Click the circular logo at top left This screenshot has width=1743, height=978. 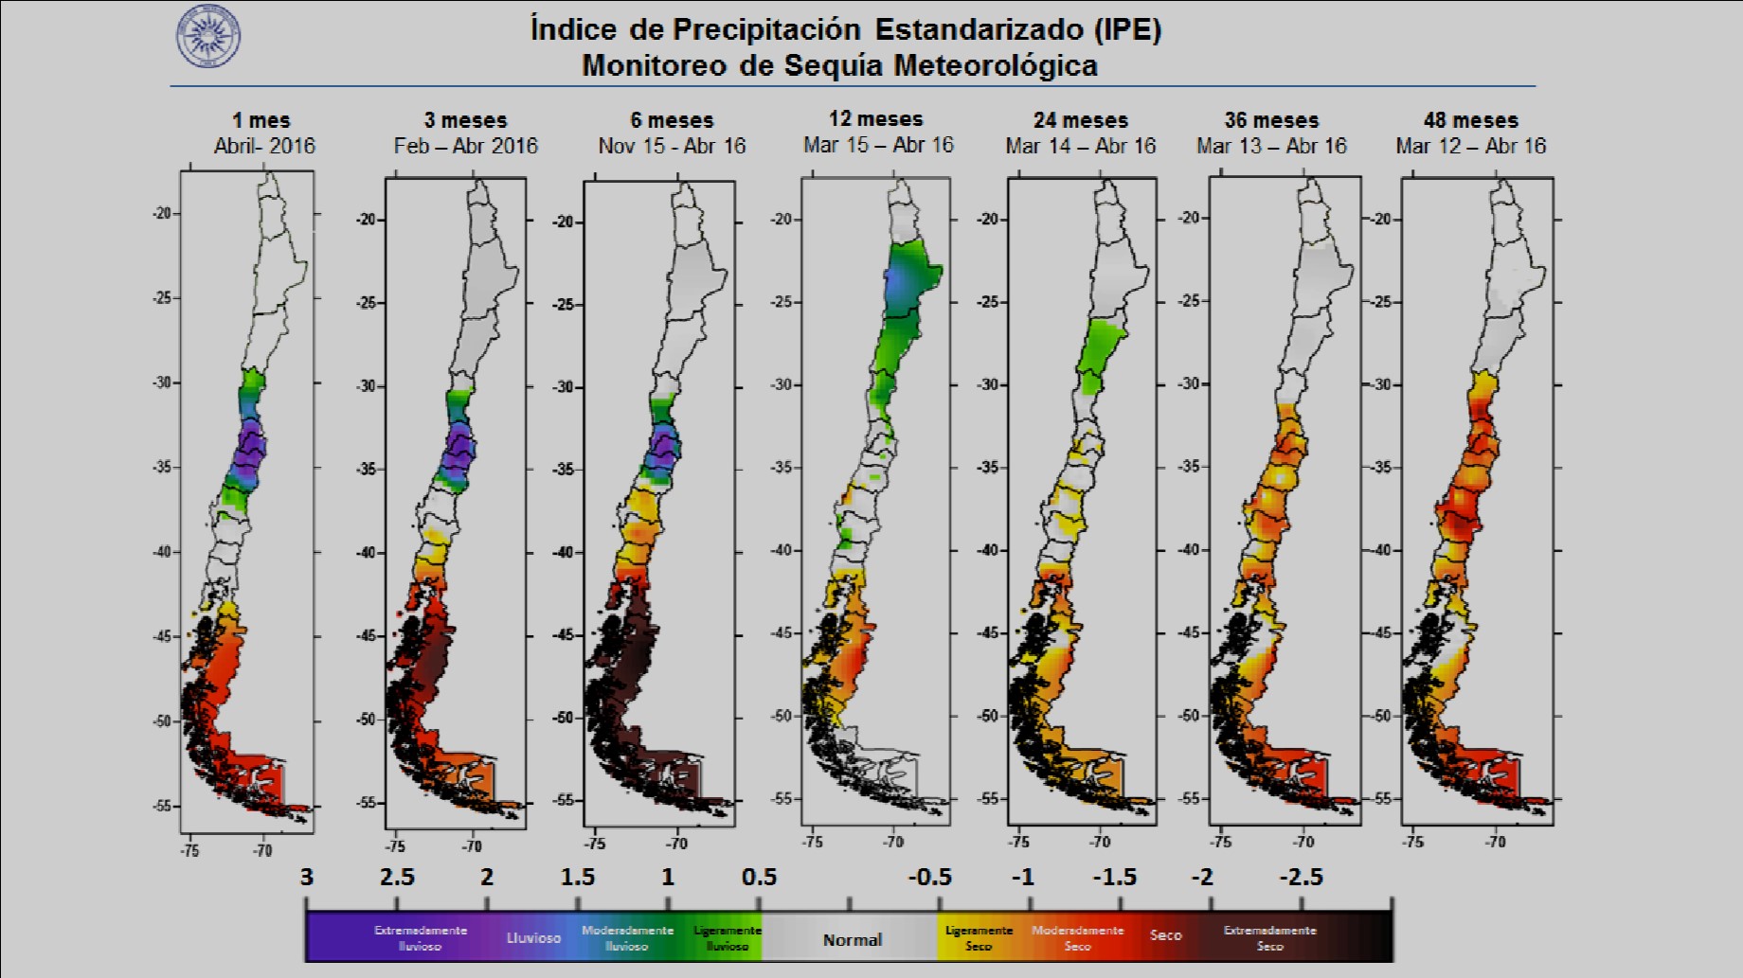[x=208, y=37]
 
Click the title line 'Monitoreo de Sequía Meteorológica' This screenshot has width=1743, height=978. [x=839, y=65]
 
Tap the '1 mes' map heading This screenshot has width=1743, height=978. [x=261, y=120]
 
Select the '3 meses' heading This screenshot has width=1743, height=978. [x=465, y=120]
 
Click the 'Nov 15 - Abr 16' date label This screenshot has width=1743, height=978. [x=672, y=146]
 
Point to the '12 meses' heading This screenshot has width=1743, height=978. [x=875, y=119]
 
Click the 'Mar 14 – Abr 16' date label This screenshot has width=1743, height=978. [x=1081, y=146]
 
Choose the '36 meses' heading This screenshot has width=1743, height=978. [x=1271, y=120]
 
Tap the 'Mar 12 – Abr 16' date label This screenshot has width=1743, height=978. [x=1470, y=146]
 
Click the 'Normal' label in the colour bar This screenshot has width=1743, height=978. [x=852, y=939]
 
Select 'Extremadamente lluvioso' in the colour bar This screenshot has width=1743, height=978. [x=420, y=937]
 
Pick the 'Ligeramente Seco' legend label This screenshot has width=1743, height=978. [x=979, y=937]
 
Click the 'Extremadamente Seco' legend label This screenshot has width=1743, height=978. [x=1269, y=937]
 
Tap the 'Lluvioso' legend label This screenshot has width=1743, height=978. [x=533, y=937]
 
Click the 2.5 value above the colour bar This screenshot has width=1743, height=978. [x=397, y=878]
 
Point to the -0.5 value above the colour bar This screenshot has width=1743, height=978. [x=929, y=878]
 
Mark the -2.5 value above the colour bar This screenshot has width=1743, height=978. [x=1301, y=878]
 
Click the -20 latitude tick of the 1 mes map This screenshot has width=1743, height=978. [x=163, y=213]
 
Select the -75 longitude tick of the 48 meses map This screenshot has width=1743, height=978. [x=1412, y=841]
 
